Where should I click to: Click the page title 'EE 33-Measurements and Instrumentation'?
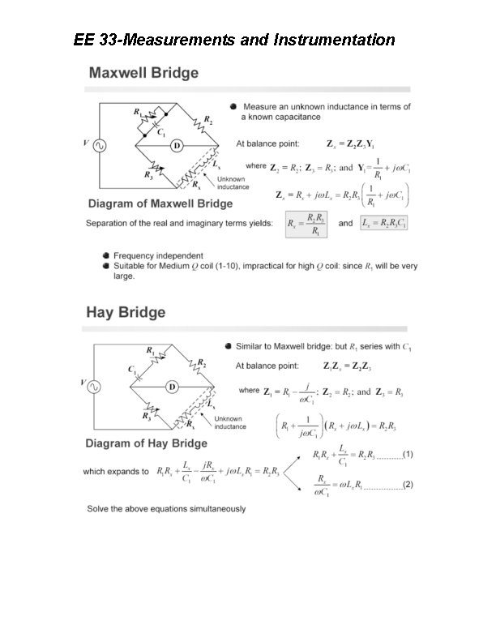click(234, 40)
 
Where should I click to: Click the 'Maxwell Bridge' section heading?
click(143, 73)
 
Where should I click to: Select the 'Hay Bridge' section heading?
click(126, 312)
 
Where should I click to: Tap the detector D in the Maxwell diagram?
click(174, 146)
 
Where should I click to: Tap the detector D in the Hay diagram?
click(172, 387)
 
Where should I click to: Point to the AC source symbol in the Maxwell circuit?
click(101, 146)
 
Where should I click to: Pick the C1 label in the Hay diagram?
click(130, 369)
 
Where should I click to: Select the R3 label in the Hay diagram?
click(148, 416)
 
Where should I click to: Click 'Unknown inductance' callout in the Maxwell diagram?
click(232, 182)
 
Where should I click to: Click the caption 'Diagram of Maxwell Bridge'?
click(160, 203)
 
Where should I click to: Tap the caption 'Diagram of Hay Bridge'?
click(147, 443)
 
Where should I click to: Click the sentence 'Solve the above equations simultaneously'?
click(166, 508)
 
